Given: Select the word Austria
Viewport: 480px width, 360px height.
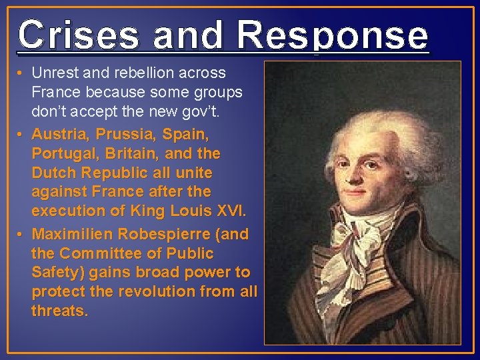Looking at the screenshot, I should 58,134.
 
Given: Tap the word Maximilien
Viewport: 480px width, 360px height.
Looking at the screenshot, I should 74,235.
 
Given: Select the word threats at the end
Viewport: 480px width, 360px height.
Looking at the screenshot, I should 59,311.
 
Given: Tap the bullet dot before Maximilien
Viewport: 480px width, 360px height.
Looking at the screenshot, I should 23,235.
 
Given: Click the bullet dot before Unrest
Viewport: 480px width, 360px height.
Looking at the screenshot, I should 23,73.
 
